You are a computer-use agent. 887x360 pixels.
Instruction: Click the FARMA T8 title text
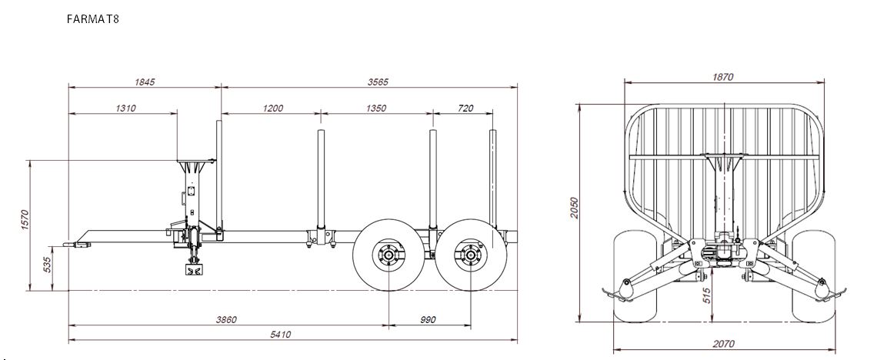tap(92, 18)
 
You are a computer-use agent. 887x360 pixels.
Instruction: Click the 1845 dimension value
tap(145, 82)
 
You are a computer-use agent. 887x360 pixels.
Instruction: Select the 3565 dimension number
tap(378, 82)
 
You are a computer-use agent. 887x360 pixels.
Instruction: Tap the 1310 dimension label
tap(125, 108)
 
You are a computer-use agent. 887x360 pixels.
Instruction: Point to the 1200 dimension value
tap(273, 108)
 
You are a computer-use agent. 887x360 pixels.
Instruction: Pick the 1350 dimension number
tap(376, 108)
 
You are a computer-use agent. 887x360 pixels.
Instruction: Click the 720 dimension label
tap(465, 108)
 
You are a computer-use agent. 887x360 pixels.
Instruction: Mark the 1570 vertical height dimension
tap(24, 221)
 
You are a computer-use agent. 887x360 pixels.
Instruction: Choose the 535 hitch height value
tap(48, 265)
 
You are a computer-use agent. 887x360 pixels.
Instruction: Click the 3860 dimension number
tap(226, 320)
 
